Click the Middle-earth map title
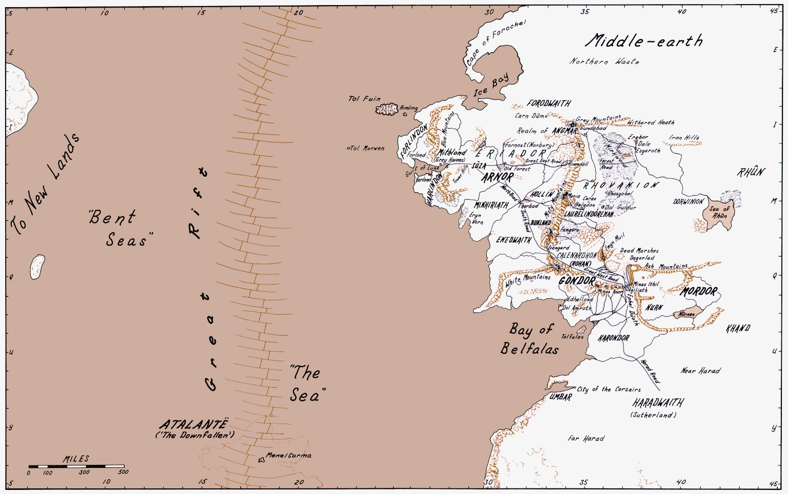[x=644, y=41]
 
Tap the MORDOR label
[x=699, y=292]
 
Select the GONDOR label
[x=577, y=281]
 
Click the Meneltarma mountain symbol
[x=262, y=460]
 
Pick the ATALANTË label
[x=193, y=425]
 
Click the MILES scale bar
[x=76, y=466]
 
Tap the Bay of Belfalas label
[x=530, y=339]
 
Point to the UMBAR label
[x=560, y=397]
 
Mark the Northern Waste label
[x=604, y=61]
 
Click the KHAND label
[x=738, y=328]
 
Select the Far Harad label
[x=586, y=438]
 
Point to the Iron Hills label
[x=684, y=137]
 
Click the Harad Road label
[x=650, y=371]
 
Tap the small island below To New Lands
[x=37, y=267]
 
